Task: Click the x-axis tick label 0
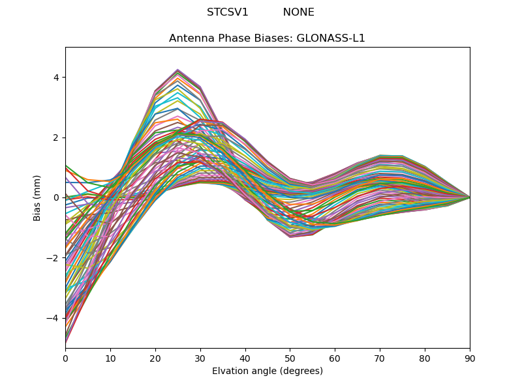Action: pos(65,358)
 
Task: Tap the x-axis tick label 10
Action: pos(110,358)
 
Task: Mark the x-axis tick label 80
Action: pos(425,358)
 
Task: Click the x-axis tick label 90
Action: pos(470,358)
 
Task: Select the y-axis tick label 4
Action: pos(56,78)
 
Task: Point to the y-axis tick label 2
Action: pos(56,138)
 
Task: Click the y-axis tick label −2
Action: pos(54,258)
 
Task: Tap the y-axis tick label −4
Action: pos(54,318)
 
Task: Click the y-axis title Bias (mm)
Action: pos(38,197)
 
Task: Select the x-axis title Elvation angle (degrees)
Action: pos(268,371)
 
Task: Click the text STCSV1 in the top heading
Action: pos(228,12)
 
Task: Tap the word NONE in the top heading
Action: pos(298,12)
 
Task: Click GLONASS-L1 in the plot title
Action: pos(331,38)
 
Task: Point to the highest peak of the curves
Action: pos(177,69)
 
